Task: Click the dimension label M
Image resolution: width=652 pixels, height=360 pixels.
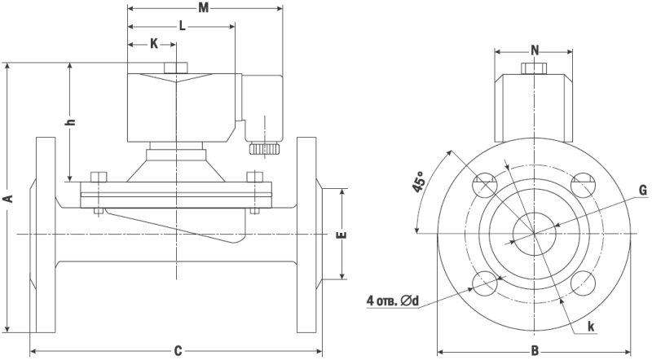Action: (x=205, y=8)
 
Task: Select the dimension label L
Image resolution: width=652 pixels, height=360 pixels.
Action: (x=182, y=26)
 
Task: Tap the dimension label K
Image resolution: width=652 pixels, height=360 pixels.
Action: (x=154, y=44)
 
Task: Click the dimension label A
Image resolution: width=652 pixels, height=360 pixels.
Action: (x=8, y=198)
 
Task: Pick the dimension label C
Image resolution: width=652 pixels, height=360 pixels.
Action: (x=178, y=351)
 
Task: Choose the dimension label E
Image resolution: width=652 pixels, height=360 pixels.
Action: (x=342, y=235)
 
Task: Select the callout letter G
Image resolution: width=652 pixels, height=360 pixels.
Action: (x=642, y=191)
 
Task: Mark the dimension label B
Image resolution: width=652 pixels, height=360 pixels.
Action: (x=535, y=351)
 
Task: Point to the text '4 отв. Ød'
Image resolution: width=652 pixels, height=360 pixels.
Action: (x=393, y=301)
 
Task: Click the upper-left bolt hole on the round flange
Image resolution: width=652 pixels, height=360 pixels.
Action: (x=484, y=185)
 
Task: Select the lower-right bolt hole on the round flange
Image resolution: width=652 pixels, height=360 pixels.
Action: (x=584, y=283)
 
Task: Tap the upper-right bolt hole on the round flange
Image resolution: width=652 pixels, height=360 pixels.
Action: (x=584, y=185)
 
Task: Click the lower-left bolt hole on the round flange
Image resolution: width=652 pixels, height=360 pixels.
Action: (x=484, y=283)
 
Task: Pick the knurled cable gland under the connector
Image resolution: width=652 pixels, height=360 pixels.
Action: (x=265, y=150)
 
